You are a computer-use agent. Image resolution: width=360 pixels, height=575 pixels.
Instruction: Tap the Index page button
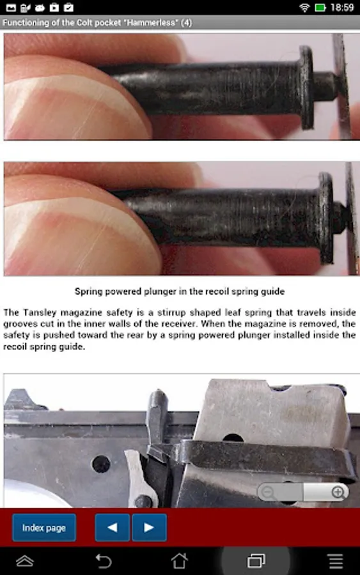tap(44, 527)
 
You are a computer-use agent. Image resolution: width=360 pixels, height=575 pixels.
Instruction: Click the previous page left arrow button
tap(112, 527)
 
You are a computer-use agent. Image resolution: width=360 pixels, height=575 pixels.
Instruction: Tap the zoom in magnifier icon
tap(338, 492)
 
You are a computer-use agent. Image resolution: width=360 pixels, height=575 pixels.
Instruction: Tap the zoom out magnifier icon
tap(269, 492)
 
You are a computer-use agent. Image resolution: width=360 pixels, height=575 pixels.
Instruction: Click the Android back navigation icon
tap(104, 561)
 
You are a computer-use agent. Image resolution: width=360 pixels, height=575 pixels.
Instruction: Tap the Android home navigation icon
tap(180, 561)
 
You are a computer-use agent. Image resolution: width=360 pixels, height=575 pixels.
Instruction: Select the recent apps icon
tap(256, 561)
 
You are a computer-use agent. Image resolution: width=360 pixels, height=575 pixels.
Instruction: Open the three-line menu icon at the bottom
tap(336, 561)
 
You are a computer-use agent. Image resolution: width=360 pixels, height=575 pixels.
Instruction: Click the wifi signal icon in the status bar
tap(304, 7)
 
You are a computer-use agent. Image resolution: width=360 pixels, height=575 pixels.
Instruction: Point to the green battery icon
tap(320, 7)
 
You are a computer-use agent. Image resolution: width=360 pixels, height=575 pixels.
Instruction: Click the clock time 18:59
tap(342, 7)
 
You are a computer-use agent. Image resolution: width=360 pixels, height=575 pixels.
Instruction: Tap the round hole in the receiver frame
tap(101, 464)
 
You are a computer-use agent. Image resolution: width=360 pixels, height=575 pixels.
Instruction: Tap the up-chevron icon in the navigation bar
tap(24, 561)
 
